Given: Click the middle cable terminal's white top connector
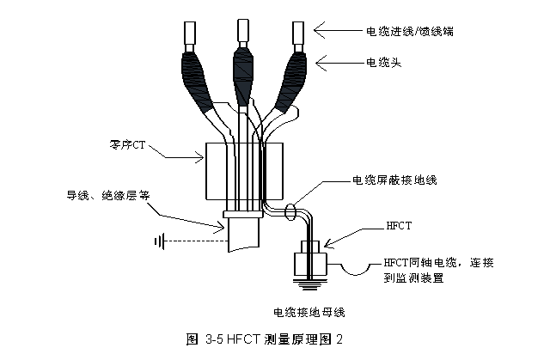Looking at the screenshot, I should coord(242,31).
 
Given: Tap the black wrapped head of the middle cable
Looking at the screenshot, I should coord(243,73).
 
